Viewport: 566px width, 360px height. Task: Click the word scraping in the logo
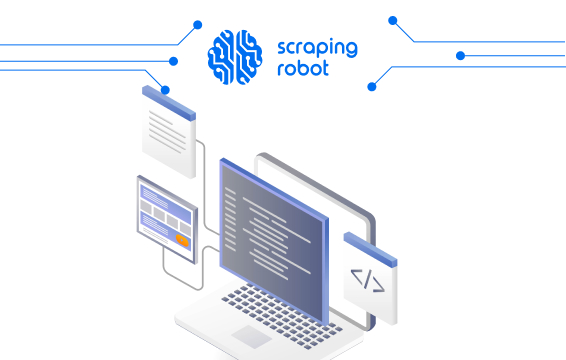coord(315,47)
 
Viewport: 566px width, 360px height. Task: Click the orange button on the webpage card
coord(181,240)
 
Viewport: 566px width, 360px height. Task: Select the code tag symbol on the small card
coord(367,279)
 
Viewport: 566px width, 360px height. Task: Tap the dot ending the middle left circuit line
coord(174,61)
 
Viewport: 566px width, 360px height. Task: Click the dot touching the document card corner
coord(165,90)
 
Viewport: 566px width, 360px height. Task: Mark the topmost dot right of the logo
coord(393,19)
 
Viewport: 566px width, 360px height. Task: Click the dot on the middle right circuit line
coord(460,56)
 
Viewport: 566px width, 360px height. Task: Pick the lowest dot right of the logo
coord(372,87)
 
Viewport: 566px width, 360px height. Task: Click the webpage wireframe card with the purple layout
coord(166,217)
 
